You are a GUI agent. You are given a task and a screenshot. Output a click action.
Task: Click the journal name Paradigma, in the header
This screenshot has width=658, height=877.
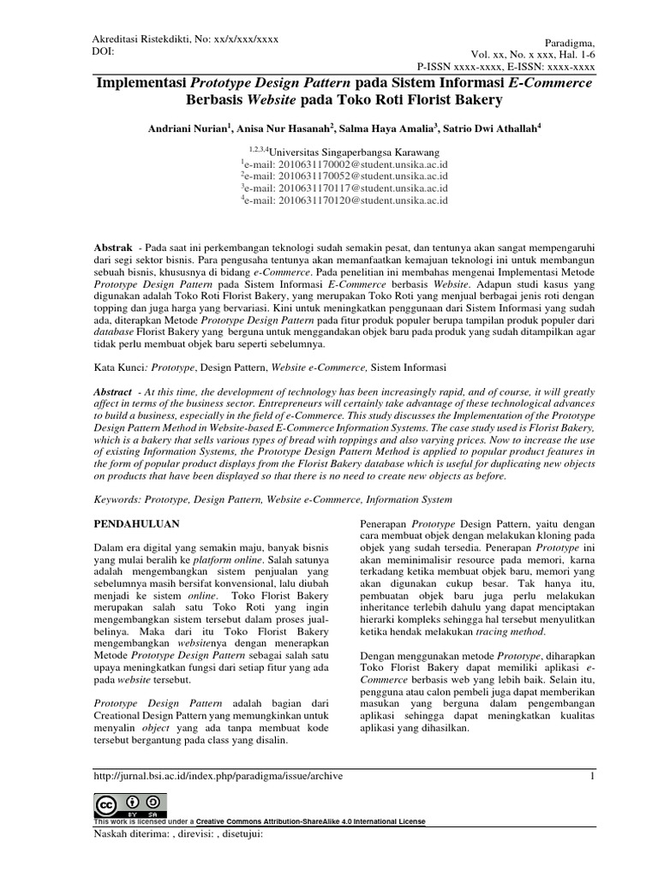coord(568,42)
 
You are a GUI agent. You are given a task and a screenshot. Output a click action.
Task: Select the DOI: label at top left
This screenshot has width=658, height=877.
coord(104,51)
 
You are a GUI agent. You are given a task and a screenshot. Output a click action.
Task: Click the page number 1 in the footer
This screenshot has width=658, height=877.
coord(591,777)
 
